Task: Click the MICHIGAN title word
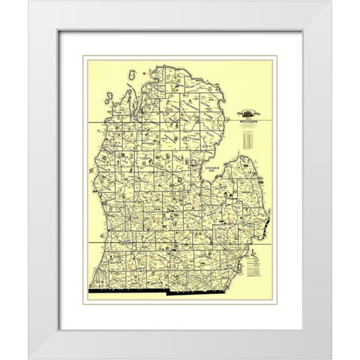tap(248, 119)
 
